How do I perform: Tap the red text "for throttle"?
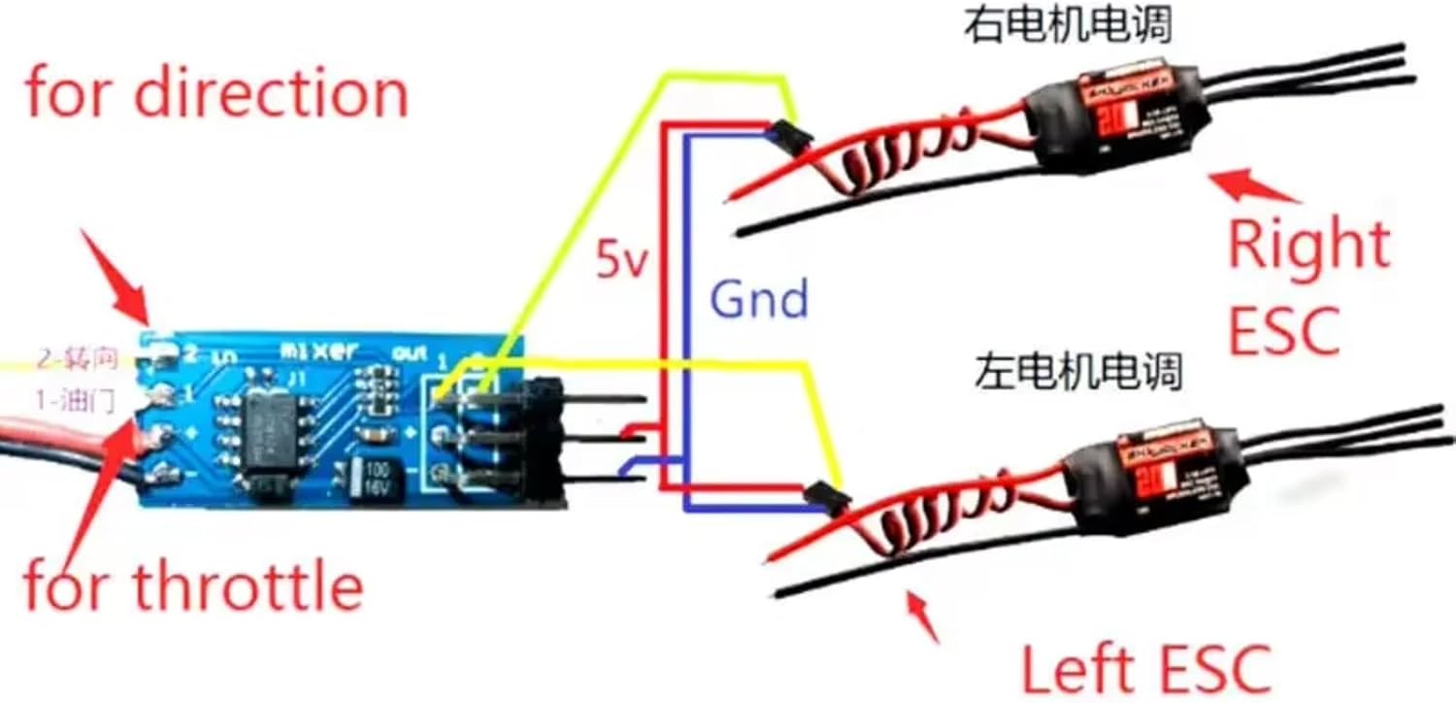pos(192,586)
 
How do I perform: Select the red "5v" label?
pos(621,260)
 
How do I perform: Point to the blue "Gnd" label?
pos(758,300)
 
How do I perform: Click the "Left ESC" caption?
pos(1145,668)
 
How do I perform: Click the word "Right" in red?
pos(1308,247)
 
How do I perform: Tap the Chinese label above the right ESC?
pos(1067,27)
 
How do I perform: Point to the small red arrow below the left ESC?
pos(923,617)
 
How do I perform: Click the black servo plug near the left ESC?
pos(828,494)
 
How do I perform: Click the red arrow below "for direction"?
pos(121,281)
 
